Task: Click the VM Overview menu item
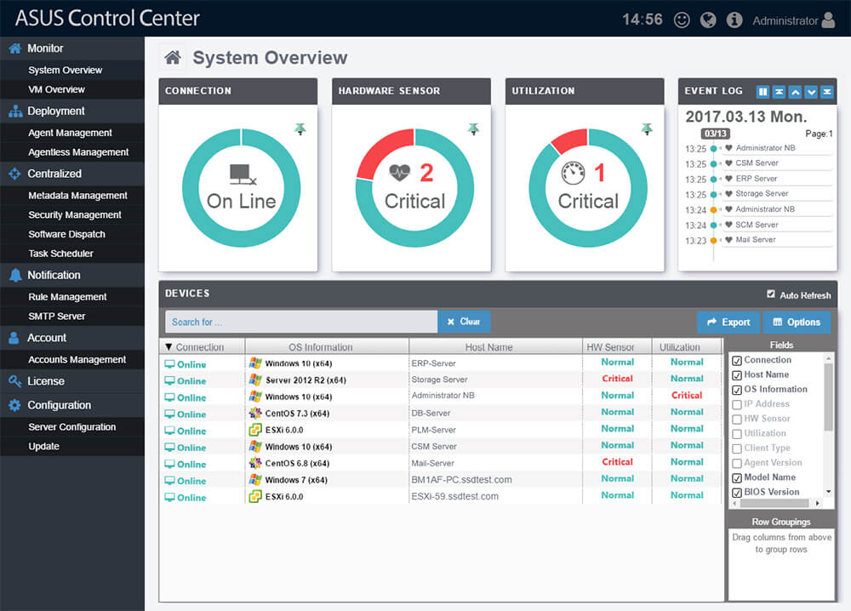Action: pyautogui.click(x=56, y=89)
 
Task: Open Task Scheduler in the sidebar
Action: pyautogui.click(x=60, y=254)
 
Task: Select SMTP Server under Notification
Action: pyautogui.click(x=56, y=317)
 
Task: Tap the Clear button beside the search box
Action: pyautogui.click(x=464, y=322)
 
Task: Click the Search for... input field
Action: pyautogui.click(x=301, y=322)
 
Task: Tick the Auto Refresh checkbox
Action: pyautogui.click(x=771, y=295)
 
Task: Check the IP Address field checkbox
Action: pyautogui.click(x=737, y=404)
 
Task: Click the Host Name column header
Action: pyautogui.click(x=488, y=347)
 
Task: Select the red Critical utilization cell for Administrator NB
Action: pyautogui.click(x=686, y=396)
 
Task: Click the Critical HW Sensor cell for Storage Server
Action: pyautogui.click(x=617, y=379)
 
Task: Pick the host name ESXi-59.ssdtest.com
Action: pyautogui.click(x=454, y=496)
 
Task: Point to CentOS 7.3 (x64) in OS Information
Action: pyautogui.click(x=297, y=414)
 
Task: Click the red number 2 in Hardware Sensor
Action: pyautogui.click(x=426, y=174)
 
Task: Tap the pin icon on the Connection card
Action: pyautogui.click(x=300, y=129)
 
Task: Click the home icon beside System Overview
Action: pyautogui.click(x=173, y=58)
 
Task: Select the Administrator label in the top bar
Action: pyautogui.click(x=785, y=21)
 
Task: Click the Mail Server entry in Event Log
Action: pyautogui.click(x=756, y=240)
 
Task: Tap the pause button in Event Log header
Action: pyautogui.click(x=763, y=91)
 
